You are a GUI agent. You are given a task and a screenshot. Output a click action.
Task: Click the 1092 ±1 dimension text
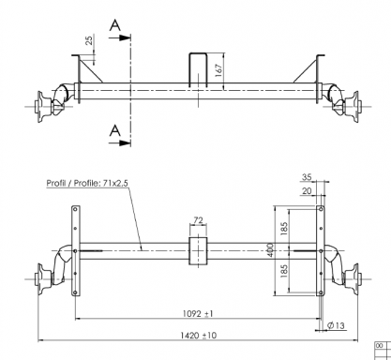(198, 313)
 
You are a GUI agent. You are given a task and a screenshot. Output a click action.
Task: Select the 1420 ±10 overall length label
(199, 336)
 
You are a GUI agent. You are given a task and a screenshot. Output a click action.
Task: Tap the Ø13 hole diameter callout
(336, 325)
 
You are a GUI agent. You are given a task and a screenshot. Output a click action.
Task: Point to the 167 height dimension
(218, 70)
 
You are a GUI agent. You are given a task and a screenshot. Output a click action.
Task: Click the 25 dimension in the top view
(89, 40)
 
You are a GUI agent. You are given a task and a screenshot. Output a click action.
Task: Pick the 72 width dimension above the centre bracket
(198, 220)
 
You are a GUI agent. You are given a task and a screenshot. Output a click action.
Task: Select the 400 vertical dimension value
(270, 250)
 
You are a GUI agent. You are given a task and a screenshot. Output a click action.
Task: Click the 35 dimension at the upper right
(307, 177)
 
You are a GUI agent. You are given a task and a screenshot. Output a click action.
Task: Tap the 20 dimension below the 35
(307, 190)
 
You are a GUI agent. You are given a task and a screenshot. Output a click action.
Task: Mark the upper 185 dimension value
(284, 229)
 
